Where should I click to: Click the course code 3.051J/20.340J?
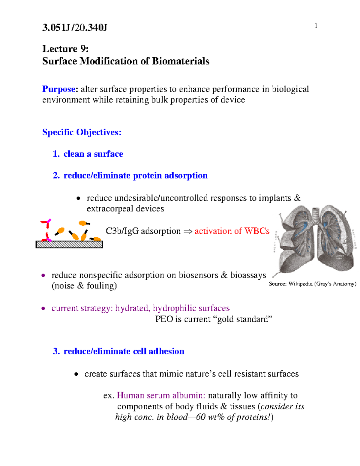point(74,28)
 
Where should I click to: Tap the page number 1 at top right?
point(316,26)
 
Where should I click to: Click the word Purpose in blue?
point(59,89)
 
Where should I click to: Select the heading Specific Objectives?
point(82,132)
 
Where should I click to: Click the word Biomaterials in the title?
point(181,61)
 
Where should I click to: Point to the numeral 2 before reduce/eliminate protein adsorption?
point(55,176)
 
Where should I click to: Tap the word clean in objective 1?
point(74,154)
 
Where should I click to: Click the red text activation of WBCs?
point(232,231)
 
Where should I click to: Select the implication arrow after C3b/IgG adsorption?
point(187,231)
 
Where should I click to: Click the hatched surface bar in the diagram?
point(69,245)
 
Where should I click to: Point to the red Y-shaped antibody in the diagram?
point(46,230)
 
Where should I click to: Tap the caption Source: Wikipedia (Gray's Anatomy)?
point(312,284)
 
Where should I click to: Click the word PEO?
point(164,319)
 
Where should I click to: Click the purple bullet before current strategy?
point(43,308)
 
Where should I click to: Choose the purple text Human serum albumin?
point(161,395)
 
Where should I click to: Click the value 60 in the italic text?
point(201,417)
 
